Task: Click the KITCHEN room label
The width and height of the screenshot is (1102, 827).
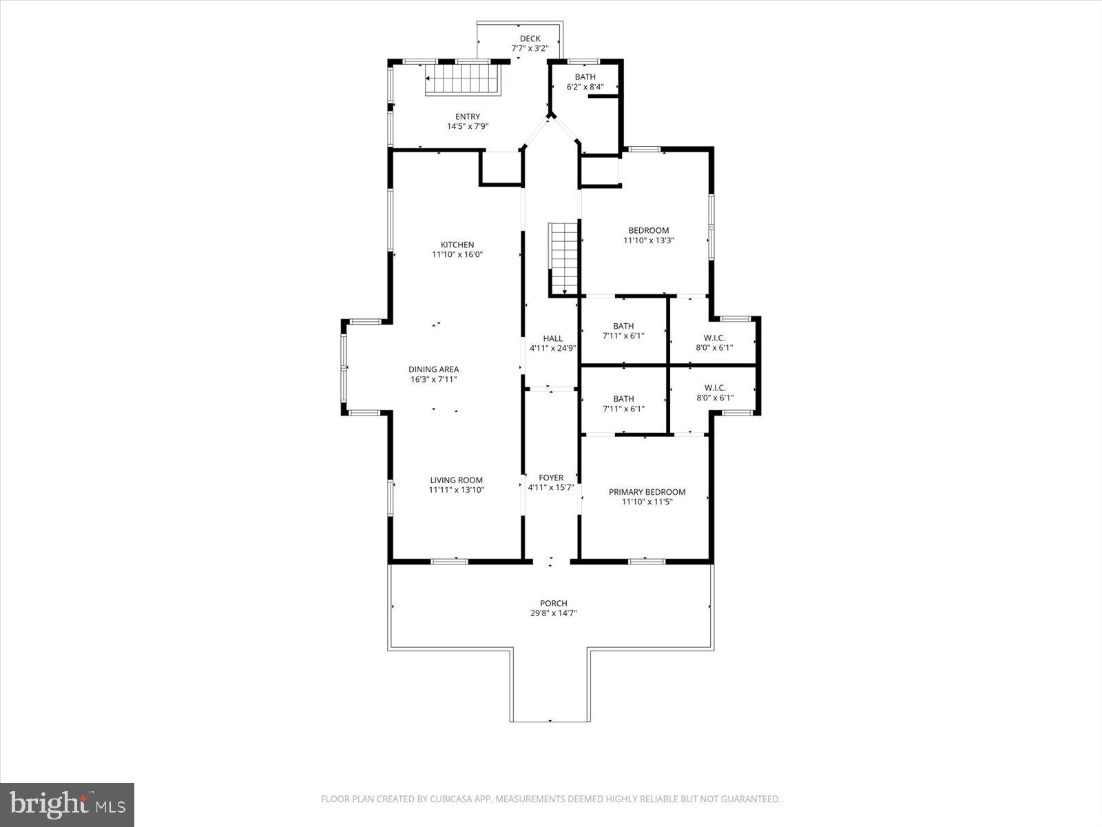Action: (457, 245)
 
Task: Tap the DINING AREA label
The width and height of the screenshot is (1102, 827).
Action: (433, 369)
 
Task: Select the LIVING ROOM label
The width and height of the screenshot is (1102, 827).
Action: (456, 480)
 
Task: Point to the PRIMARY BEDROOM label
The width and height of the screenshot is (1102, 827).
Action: (647, 492)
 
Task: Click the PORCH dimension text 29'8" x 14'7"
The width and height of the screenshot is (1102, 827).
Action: (553, 613)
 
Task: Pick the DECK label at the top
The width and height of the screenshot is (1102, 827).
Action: (530, 39)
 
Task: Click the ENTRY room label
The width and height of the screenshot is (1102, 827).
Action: (468, 116)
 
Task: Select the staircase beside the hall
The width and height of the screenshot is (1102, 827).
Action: (563, 258)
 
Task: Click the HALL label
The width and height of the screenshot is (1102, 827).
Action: (552, 338)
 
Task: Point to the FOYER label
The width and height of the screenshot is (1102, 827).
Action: (551, 478)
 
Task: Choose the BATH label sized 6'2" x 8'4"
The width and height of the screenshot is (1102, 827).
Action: (585, 76)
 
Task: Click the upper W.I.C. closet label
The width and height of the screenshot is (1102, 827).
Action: (714, 338)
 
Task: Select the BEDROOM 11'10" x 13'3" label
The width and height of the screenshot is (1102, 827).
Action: (648, 230)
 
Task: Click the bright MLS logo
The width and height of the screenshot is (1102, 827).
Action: (67, 804)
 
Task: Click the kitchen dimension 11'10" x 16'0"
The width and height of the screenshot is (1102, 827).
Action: (457, 254)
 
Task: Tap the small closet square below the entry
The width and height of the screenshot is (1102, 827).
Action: (501, 167)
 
